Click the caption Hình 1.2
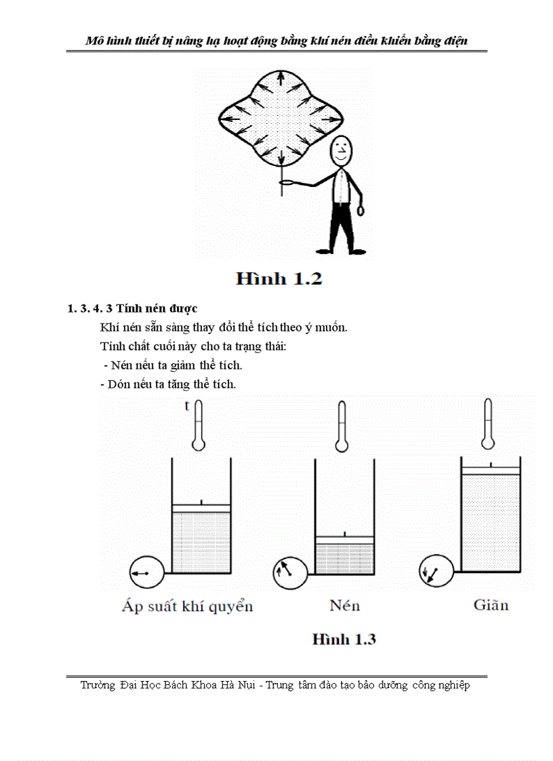[x=279, y=279]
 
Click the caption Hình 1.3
[x=344, y=639]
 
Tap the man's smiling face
[x=342, y=150]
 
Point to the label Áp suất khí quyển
[x=187, y=606]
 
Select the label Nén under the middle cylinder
[x=344, y=605]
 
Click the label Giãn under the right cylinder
[x=491, y=604]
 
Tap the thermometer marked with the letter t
[x=198, y=426]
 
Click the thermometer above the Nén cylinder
[x=342, y=426]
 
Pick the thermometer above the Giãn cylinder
[x=487, y=424]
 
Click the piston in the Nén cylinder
[x=344, y=539]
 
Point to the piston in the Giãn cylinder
[x=491, y=470]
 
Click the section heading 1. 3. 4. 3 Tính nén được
[x=132, y=309]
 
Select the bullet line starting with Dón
[x=168, y=384]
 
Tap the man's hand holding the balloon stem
[x=287, y=182]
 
